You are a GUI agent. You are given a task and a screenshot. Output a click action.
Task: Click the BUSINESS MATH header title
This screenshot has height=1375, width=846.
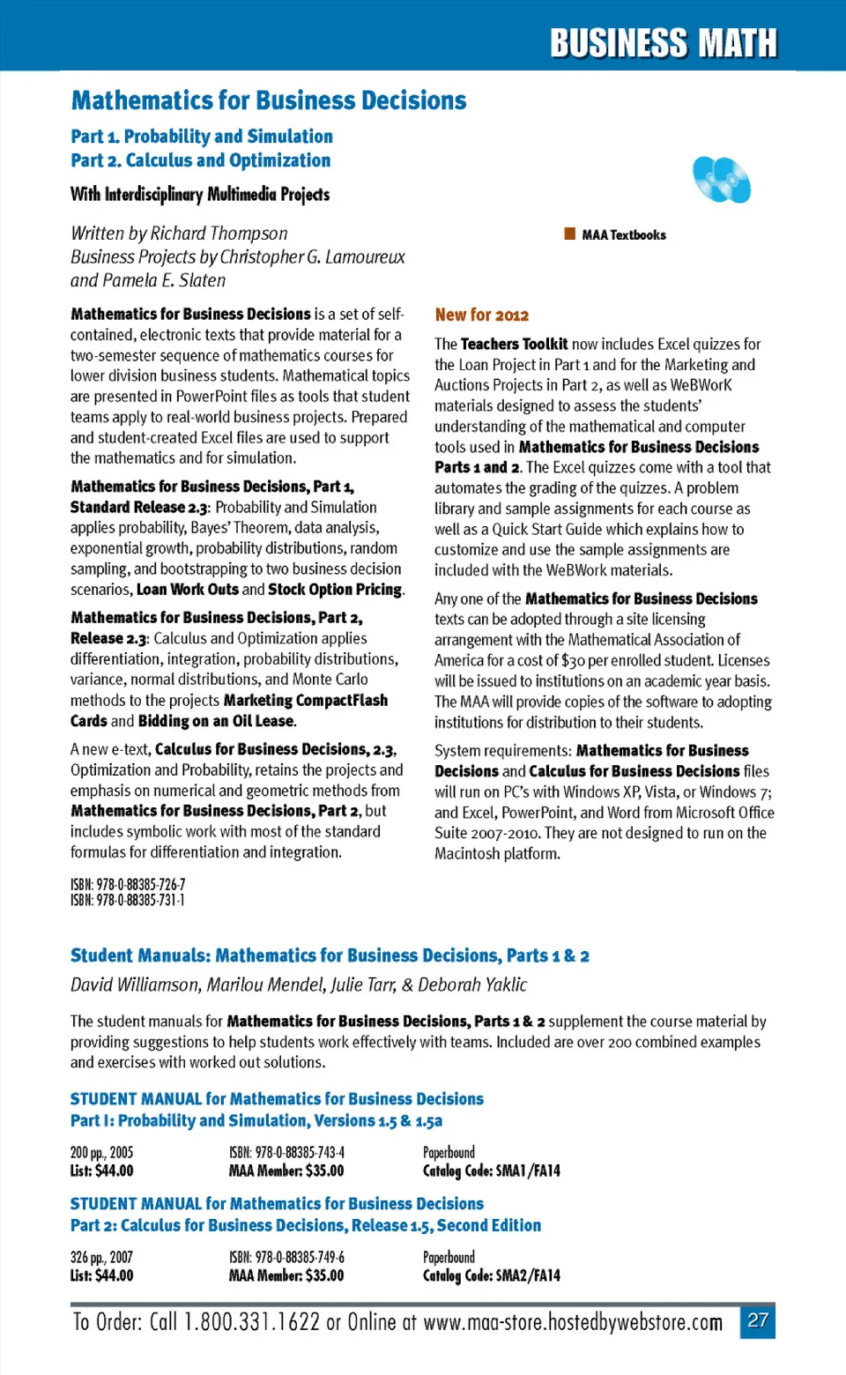coord(664,42)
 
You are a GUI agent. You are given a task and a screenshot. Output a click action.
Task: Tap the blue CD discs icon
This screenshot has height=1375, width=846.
coord(721,179)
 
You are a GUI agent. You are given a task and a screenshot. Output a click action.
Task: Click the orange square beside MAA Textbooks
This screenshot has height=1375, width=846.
coord(569,234)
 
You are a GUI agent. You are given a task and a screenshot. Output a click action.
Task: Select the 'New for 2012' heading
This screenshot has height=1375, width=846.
coord(481,315)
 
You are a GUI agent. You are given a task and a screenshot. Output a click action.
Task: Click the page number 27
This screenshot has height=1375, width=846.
coord(758,1320)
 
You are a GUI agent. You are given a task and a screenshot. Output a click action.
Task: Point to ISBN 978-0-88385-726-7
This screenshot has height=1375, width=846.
coord(128,885)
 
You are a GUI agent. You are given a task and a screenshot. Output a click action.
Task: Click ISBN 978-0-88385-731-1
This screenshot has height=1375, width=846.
coord(128,900)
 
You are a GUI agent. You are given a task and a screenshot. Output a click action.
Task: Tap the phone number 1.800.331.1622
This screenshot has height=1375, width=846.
coord(252,1322)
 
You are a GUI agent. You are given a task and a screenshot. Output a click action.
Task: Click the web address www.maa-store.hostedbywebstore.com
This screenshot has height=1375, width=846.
coord(573,1322)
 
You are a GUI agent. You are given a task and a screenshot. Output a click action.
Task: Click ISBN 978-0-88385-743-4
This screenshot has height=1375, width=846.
coord(286,1152)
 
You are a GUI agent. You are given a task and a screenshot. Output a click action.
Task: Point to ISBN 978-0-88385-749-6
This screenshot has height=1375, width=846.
coord(286,1257)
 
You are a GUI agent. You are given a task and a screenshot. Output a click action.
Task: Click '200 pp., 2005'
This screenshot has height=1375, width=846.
coord(101,1152)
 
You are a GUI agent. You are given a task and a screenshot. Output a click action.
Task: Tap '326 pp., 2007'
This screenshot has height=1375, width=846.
coord(101,1257)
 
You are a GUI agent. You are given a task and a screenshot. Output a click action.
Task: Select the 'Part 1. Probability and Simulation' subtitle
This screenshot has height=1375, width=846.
coord(202,137)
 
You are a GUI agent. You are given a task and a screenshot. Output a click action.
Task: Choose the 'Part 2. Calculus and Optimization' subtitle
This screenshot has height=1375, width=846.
coord(201,160)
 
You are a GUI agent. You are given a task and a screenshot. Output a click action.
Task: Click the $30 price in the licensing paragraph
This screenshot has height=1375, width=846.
coord(573,660)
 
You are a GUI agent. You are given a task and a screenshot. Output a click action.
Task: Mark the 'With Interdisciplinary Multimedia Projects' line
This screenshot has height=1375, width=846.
coord(200,194)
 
